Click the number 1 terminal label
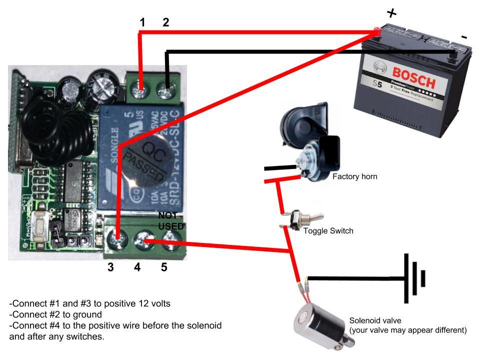142,22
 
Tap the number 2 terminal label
166,22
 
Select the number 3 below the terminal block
110,267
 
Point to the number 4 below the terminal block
137,267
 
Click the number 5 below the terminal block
163,267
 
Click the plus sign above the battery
391,13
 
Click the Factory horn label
354,176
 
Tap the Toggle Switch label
328,231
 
